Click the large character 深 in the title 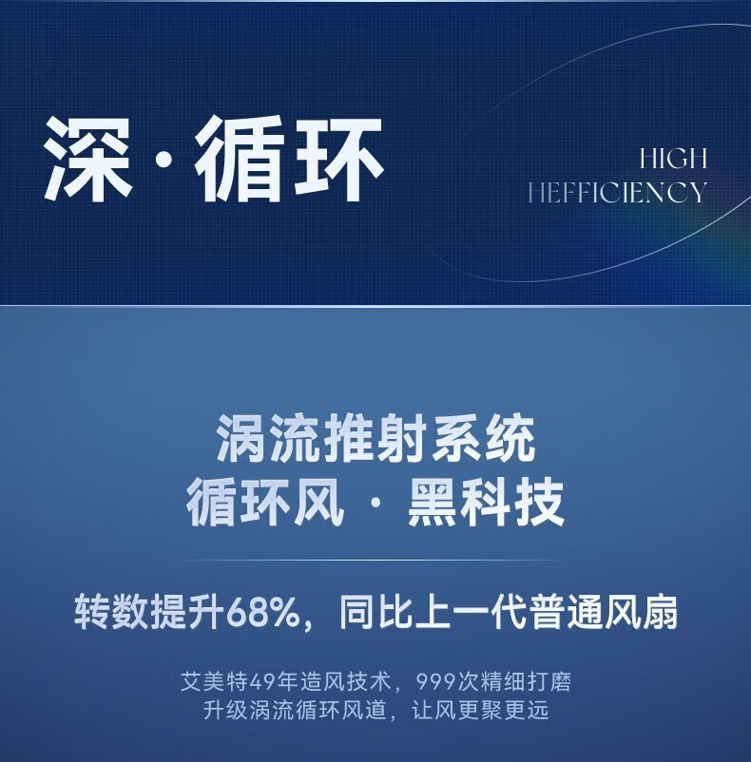click(x=88, y=159)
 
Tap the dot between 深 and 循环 click(x=164, y=160)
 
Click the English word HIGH click(x=673, y=159)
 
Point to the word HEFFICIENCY click(x=617, y=192)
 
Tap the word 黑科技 click(x=485, y=503)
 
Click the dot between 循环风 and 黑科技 click(x=375, y=504)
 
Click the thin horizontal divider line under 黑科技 click(x=375, y=561)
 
